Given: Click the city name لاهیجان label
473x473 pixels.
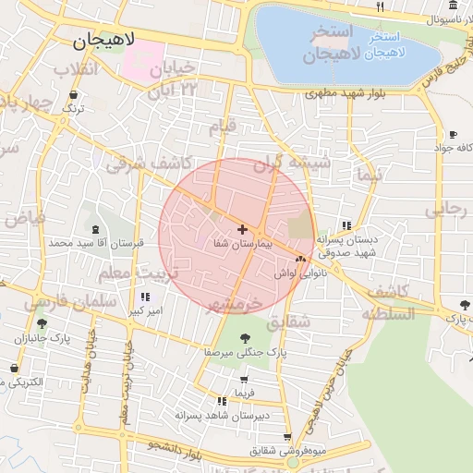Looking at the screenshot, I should click(103, 41).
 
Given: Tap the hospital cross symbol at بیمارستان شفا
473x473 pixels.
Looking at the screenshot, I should click(242, 229).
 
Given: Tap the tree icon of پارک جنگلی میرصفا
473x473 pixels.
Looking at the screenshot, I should click(245, 338).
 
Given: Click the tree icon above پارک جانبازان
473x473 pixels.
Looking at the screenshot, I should click(42, 323).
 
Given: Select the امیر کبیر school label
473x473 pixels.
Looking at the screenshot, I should click(144, 311).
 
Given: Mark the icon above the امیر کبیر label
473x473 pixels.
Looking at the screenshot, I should click(144, 297).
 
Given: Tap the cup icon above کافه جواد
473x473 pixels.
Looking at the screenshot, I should click(453, 133).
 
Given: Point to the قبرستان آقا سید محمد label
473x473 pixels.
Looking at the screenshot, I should click(97, 243).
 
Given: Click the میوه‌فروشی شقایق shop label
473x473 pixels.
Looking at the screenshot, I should click(288, 452).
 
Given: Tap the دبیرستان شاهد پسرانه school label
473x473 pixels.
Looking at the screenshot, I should click(222, 416).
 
